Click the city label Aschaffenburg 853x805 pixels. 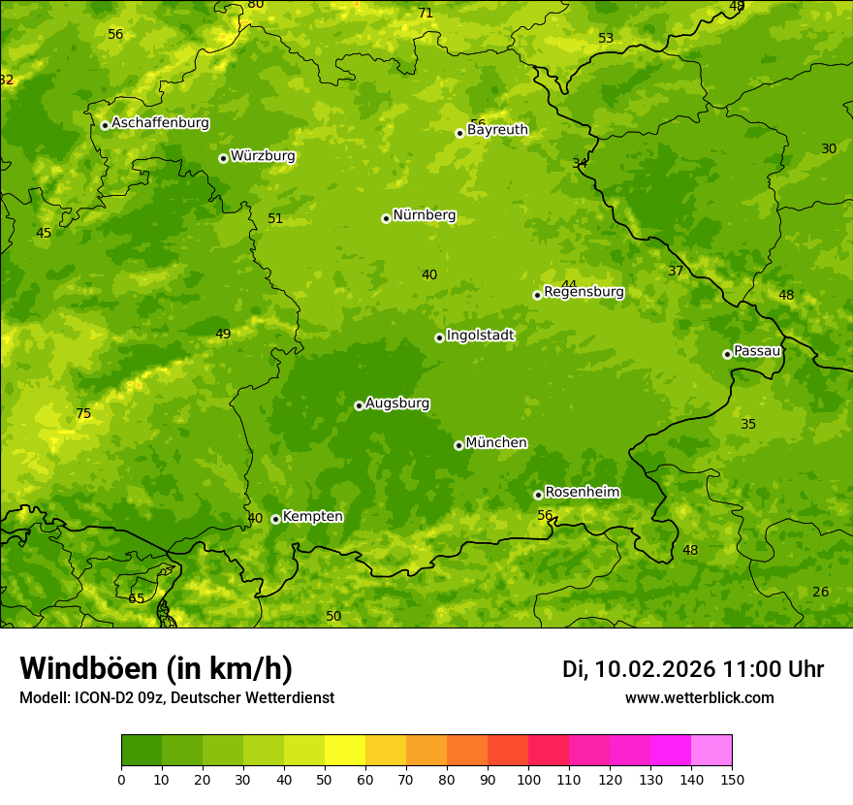point(160,123)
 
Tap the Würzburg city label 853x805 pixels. point(263,156)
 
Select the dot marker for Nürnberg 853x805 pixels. point(386,218)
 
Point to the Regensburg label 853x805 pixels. point(584,292)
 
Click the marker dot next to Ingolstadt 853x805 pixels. point(439,338)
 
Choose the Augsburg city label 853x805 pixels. point(397,403)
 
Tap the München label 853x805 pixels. point(496,443)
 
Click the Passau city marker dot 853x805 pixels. point(727,354)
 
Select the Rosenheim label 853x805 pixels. point(582,493)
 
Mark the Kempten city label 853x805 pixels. point(312,517)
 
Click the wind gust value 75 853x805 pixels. point(83,414)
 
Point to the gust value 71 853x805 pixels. point(426,13)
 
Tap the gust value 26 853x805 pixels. point(821,593)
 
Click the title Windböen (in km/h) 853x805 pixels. point(156,668)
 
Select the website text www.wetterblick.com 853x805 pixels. point(699,698)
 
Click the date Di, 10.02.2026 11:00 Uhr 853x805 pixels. point(693,669)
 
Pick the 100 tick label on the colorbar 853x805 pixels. point(528,779)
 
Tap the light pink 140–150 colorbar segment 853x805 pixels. point(711,751)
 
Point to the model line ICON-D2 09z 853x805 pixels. point(176,698)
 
